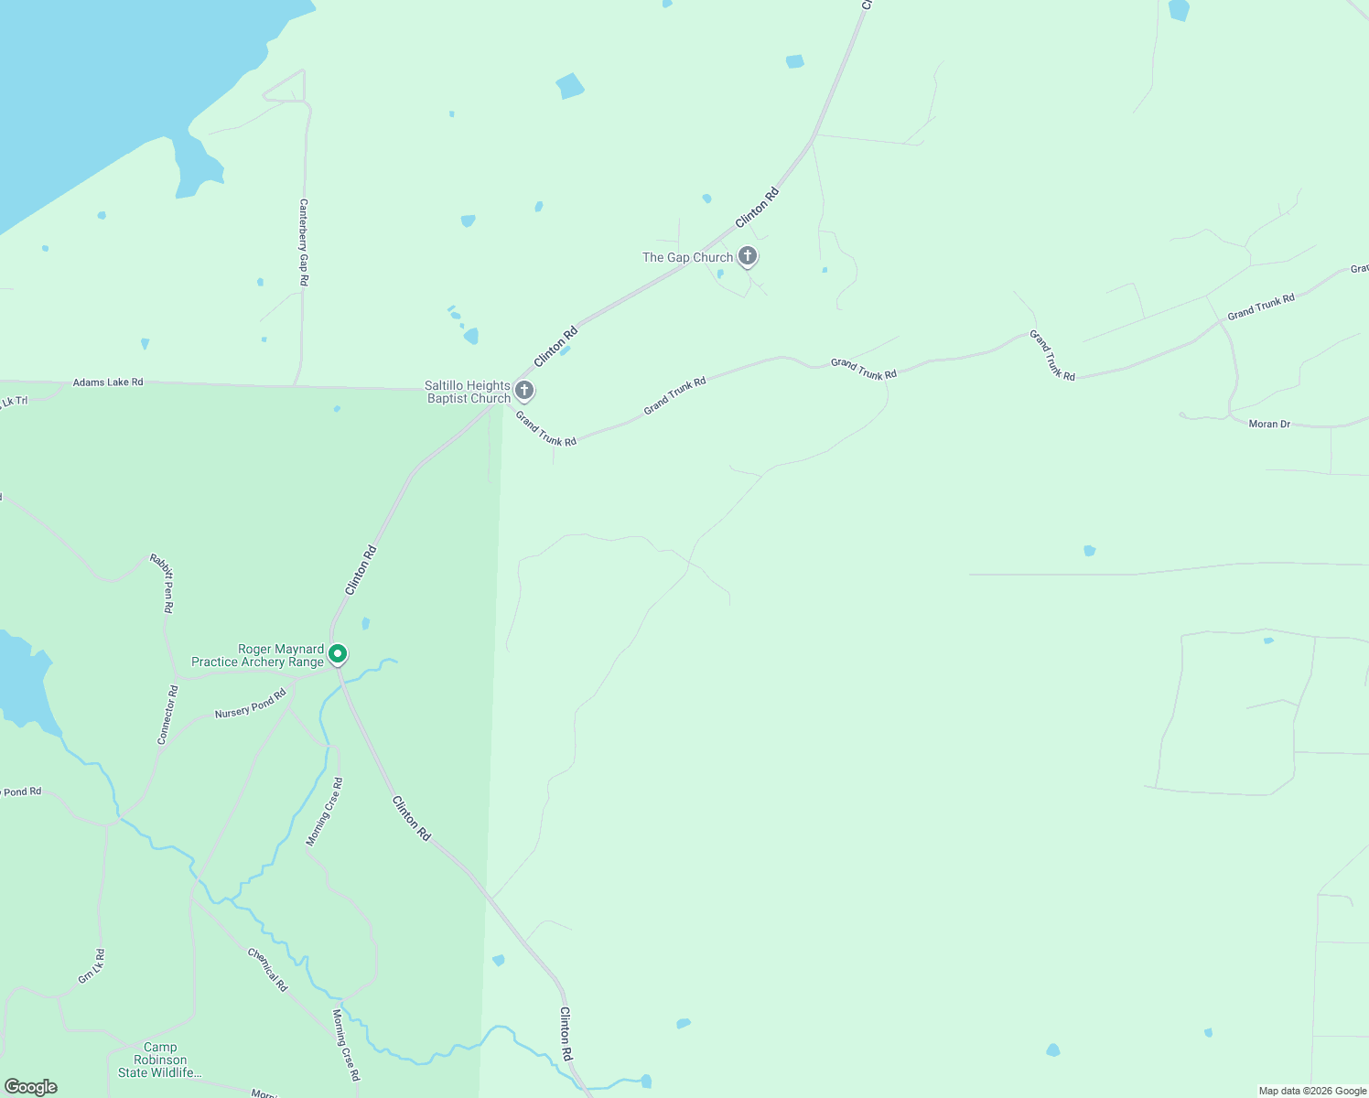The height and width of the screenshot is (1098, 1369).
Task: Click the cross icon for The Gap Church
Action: point(748,256)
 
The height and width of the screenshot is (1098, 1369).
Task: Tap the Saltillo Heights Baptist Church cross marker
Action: point(524,391)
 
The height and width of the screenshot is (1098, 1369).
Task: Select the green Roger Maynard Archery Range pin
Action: point(338,654)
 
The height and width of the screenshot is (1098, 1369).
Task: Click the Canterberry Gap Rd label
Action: point(304,242)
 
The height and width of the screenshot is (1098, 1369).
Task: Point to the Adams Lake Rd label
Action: point(108,382)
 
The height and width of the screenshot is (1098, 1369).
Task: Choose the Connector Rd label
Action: point(167,715)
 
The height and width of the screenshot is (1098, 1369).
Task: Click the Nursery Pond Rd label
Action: point(250,705)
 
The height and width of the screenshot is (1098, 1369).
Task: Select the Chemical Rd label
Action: point(267,969)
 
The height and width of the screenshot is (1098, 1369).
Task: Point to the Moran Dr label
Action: point(1269,425)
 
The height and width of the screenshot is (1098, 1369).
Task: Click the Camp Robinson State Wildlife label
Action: point(160,1060)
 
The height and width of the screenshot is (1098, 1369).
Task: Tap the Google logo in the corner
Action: point(30,1087)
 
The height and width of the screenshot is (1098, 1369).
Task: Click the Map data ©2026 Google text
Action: point(1312,1091)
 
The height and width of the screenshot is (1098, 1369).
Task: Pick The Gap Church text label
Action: point(687,258)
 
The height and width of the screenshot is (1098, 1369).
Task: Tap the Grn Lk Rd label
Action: point(92,966)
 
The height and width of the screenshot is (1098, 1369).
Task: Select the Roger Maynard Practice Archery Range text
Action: point(257,655)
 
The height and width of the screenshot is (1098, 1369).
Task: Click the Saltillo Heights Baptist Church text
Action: point(468,392)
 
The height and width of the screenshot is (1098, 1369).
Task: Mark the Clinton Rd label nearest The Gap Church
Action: point(757,208)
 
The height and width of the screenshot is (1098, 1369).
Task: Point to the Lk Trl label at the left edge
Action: point(14,402)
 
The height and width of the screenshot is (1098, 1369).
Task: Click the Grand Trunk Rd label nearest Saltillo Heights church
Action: point(545,429)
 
